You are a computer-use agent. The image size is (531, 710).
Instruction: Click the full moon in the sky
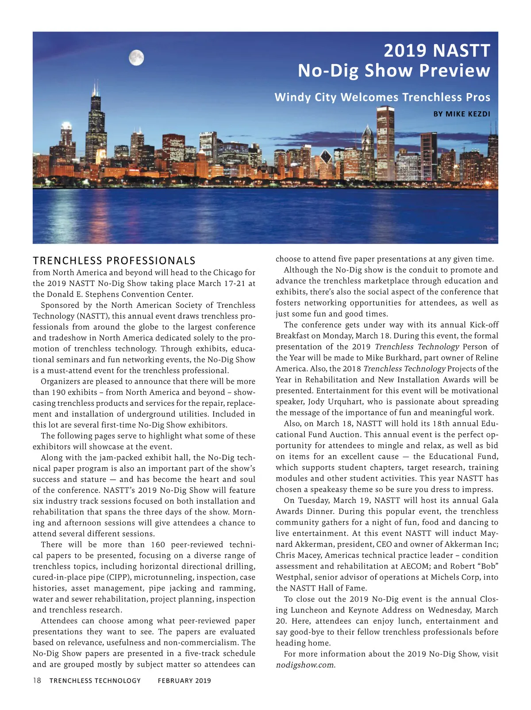coord(136,57)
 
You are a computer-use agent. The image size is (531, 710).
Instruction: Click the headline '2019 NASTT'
coord(437,50)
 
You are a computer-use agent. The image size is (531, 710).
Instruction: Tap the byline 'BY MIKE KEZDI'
coord(462,114)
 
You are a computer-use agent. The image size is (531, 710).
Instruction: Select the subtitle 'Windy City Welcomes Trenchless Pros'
coord(382,97)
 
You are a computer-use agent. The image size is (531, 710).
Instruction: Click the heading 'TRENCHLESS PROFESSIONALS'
coord(114,260)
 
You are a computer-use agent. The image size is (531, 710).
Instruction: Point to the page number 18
coord(37,680)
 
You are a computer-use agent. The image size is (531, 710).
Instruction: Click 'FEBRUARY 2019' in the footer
coord(185,680)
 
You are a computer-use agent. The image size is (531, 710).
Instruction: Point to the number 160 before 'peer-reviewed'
coord(158,545)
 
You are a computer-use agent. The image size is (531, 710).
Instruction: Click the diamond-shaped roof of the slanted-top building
coord(326,156)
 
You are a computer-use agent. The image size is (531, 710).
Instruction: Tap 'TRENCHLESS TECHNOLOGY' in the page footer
coord(95,680)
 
